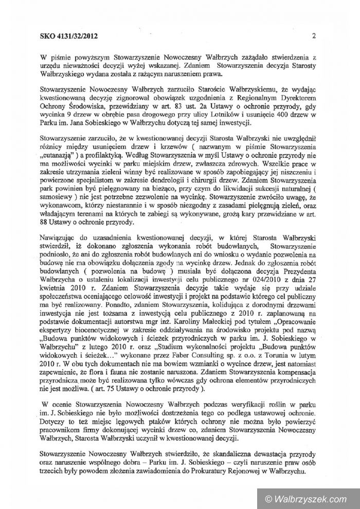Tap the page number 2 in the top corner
(313, 35)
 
